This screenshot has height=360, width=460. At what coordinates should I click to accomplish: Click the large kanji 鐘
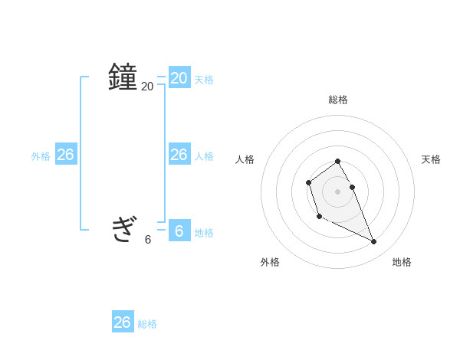click(123, 77)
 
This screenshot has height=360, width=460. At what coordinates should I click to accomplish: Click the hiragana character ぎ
click(123, 228)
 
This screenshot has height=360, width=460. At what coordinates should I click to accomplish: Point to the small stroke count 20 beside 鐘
click(147, 87)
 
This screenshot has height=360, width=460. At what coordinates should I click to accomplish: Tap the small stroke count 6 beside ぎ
click(148, 239)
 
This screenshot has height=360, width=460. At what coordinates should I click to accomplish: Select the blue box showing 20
click(179, 77)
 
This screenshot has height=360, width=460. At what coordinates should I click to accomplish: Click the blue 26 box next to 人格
click(179, 154)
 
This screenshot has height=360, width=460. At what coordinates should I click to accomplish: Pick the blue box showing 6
click(179, 230)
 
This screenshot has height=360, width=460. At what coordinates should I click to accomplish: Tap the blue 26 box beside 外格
click(65, 154)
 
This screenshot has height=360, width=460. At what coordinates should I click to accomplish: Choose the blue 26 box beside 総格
click(123, 322)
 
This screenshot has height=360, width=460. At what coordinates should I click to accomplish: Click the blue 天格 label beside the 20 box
click(204, 79)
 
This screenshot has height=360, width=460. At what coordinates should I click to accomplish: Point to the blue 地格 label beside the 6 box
click(204, 232)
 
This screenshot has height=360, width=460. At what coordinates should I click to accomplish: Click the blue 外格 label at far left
click(41, 156)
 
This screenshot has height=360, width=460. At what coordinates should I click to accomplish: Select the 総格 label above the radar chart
click(338, 100)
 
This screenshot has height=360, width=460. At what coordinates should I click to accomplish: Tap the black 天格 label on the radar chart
click(431, 159)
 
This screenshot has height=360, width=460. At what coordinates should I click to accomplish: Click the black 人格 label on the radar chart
click(245, 159)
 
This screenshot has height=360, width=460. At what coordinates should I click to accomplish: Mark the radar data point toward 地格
click(373, 242)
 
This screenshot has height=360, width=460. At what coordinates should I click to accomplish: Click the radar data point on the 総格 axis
click(337, 161)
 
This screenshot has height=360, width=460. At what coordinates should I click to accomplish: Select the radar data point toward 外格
click(319, 217)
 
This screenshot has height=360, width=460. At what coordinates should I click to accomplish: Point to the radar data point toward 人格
click(308, 182)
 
